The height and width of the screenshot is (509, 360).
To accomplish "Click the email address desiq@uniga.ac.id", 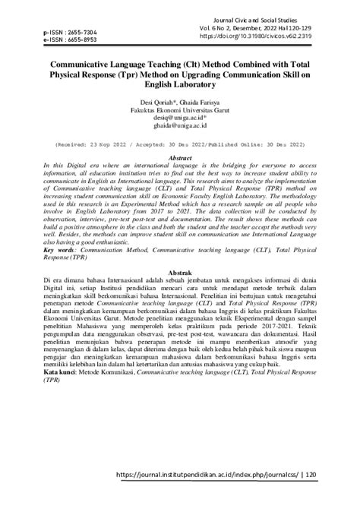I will (x=179, y=118).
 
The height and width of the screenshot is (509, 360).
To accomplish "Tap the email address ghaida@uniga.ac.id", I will (x=179, y=126).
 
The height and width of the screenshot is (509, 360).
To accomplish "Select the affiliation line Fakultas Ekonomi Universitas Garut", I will (x=179, y=109).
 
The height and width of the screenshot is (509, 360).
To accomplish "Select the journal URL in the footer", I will (x=219, y=494).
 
